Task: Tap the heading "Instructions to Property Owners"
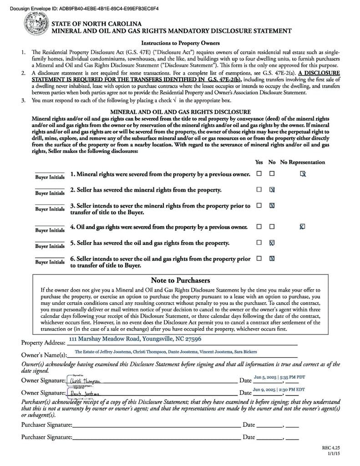180,43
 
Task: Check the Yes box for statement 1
259,173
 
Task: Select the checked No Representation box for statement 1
303,174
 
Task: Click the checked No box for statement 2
272,189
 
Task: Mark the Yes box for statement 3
259,205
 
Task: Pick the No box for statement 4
272,226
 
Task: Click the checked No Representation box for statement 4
303,226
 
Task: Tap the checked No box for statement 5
272,243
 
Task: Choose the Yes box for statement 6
259,258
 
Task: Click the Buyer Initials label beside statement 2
50,193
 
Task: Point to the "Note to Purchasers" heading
180,280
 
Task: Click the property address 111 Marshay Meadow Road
135,339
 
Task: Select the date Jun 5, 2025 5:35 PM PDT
279,377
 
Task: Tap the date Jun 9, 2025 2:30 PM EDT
279,390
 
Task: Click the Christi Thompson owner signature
86,380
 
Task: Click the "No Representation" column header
303,162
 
